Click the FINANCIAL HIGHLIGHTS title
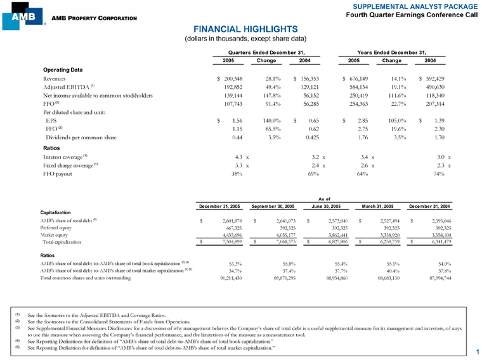coord(240,29)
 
